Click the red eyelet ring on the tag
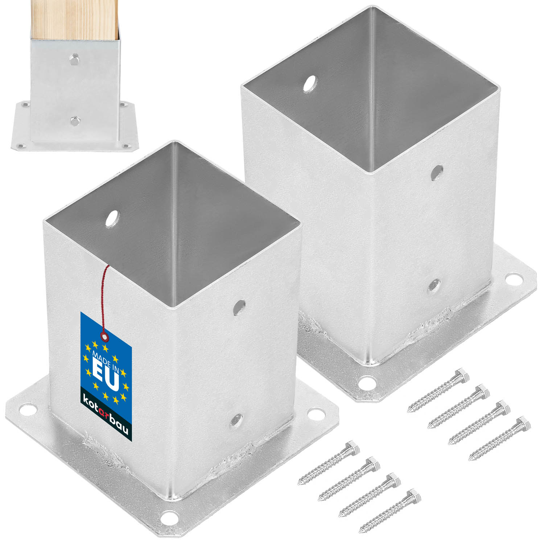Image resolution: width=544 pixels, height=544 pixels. click(x=105, y=338)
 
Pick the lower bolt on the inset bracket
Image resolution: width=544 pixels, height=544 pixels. click(x=75, y=120)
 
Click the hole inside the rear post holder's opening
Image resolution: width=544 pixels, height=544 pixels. click(x=309, y=84)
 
